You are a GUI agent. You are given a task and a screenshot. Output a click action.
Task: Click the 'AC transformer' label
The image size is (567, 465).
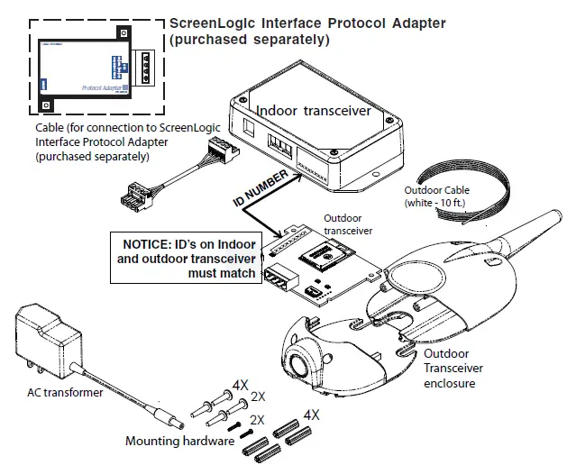click(x=65, y=393)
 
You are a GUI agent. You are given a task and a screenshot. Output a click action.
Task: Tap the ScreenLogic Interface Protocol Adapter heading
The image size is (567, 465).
click(x=306, y=31)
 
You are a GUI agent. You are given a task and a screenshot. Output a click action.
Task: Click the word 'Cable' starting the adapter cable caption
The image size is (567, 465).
click(x=50, y=128)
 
